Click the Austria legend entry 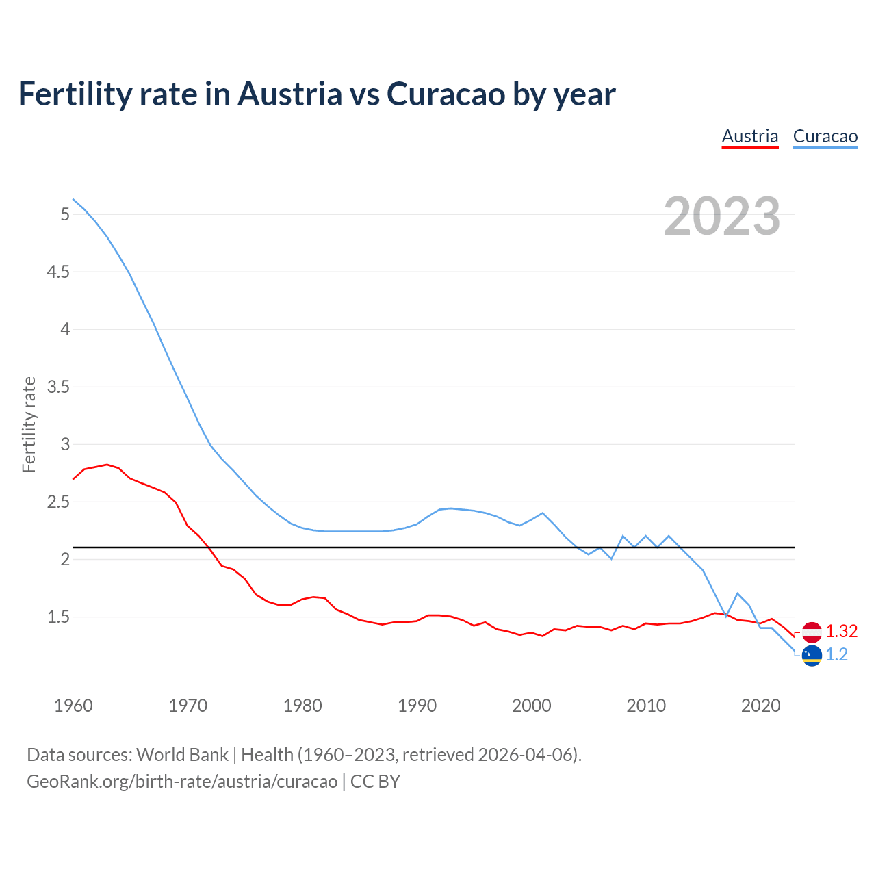[x=750, y=136]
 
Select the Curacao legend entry [x=825, y=136]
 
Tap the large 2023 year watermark [x=721, y=216]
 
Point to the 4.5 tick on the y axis [x=58, y=272]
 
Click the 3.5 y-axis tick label [x=58, y=387]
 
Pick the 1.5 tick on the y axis [x=58, y=617]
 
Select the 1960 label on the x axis [x=73, y=706]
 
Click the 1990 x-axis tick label [x=417, y=706]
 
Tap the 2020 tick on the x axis [x=760, y=706]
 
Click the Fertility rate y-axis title [x=29, y=424]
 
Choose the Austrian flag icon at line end [x=812, y=632]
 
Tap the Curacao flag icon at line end [x=812, y=656]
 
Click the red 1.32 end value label [x=841, y=631]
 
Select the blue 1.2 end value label [x=836, y=655]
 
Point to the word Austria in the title [x=289, y=94]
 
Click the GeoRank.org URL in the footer [x=181, y=782]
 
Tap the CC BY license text [x=375, y=782]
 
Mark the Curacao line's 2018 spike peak [x=737, y=593]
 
